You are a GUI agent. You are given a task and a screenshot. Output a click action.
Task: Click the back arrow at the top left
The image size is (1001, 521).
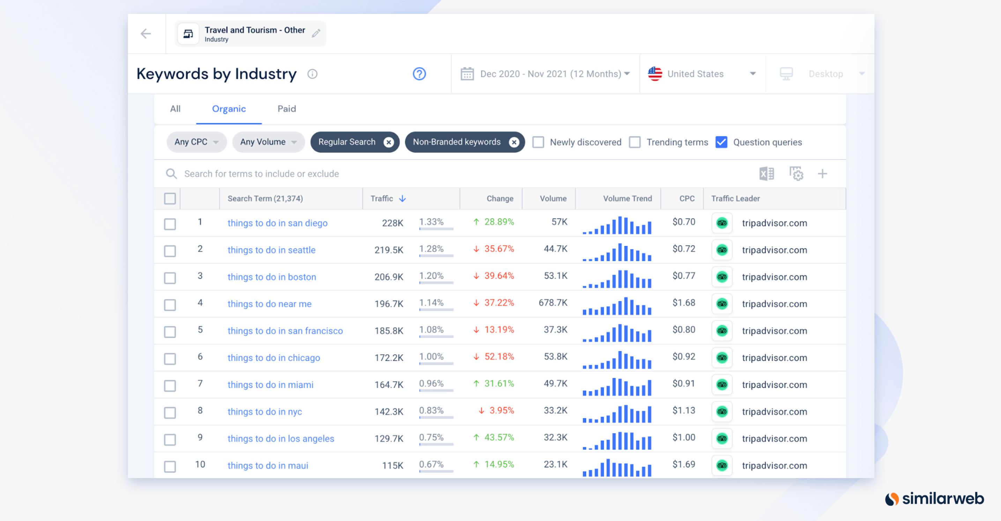[146, 34]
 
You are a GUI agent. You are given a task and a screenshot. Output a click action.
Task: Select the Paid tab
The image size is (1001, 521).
[287, 109]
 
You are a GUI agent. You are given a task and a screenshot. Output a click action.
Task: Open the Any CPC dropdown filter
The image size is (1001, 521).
[197, 142]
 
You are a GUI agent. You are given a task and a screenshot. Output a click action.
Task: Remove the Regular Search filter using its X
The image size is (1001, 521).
[388, 142]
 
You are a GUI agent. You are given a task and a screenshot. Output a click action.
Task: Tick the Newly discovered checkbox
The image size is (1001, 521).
[538, 142]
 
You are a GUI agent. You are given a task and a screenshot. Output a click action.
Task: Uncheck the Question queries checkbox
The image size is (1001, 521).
[721, 142]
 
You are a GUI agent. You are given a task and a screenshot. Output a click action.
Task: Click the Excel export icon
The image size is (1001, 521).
[766, 174]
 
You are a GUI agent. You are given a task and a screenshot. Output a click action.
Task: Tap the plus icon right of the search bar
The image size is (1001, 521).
[822, 174]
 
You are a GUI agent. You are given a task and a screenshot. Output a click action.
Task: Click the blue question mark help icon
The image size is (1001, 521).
[419, 74]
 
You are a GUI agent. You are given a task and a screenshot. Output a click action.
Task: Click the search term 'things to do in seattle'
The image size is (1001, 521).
[272, 250]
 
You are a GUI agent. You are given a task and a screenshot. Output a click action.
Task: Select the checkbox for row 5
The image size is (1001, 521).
[170, 332]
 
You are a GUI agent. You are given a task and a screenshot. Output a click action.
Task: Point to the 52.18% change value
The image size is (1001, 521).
[499, 357]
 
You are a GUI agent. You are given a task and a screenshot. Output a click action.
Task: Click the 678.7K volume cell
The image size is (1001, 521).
[553, 303]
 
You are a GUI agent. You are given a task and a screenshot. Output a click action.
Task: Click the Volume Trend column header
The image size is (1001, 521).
[628, 199]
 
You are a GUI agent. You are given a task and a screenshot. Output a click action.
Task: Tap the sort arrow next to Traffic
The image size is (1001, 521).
[402, 199]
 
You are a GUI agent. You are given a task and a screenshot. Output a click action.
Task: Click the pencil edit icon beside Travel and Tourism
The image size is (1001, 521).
[316, 34]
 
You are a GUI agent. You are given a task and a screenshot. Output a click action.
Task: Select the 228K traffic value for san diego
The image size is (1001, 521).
[392, 223]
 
